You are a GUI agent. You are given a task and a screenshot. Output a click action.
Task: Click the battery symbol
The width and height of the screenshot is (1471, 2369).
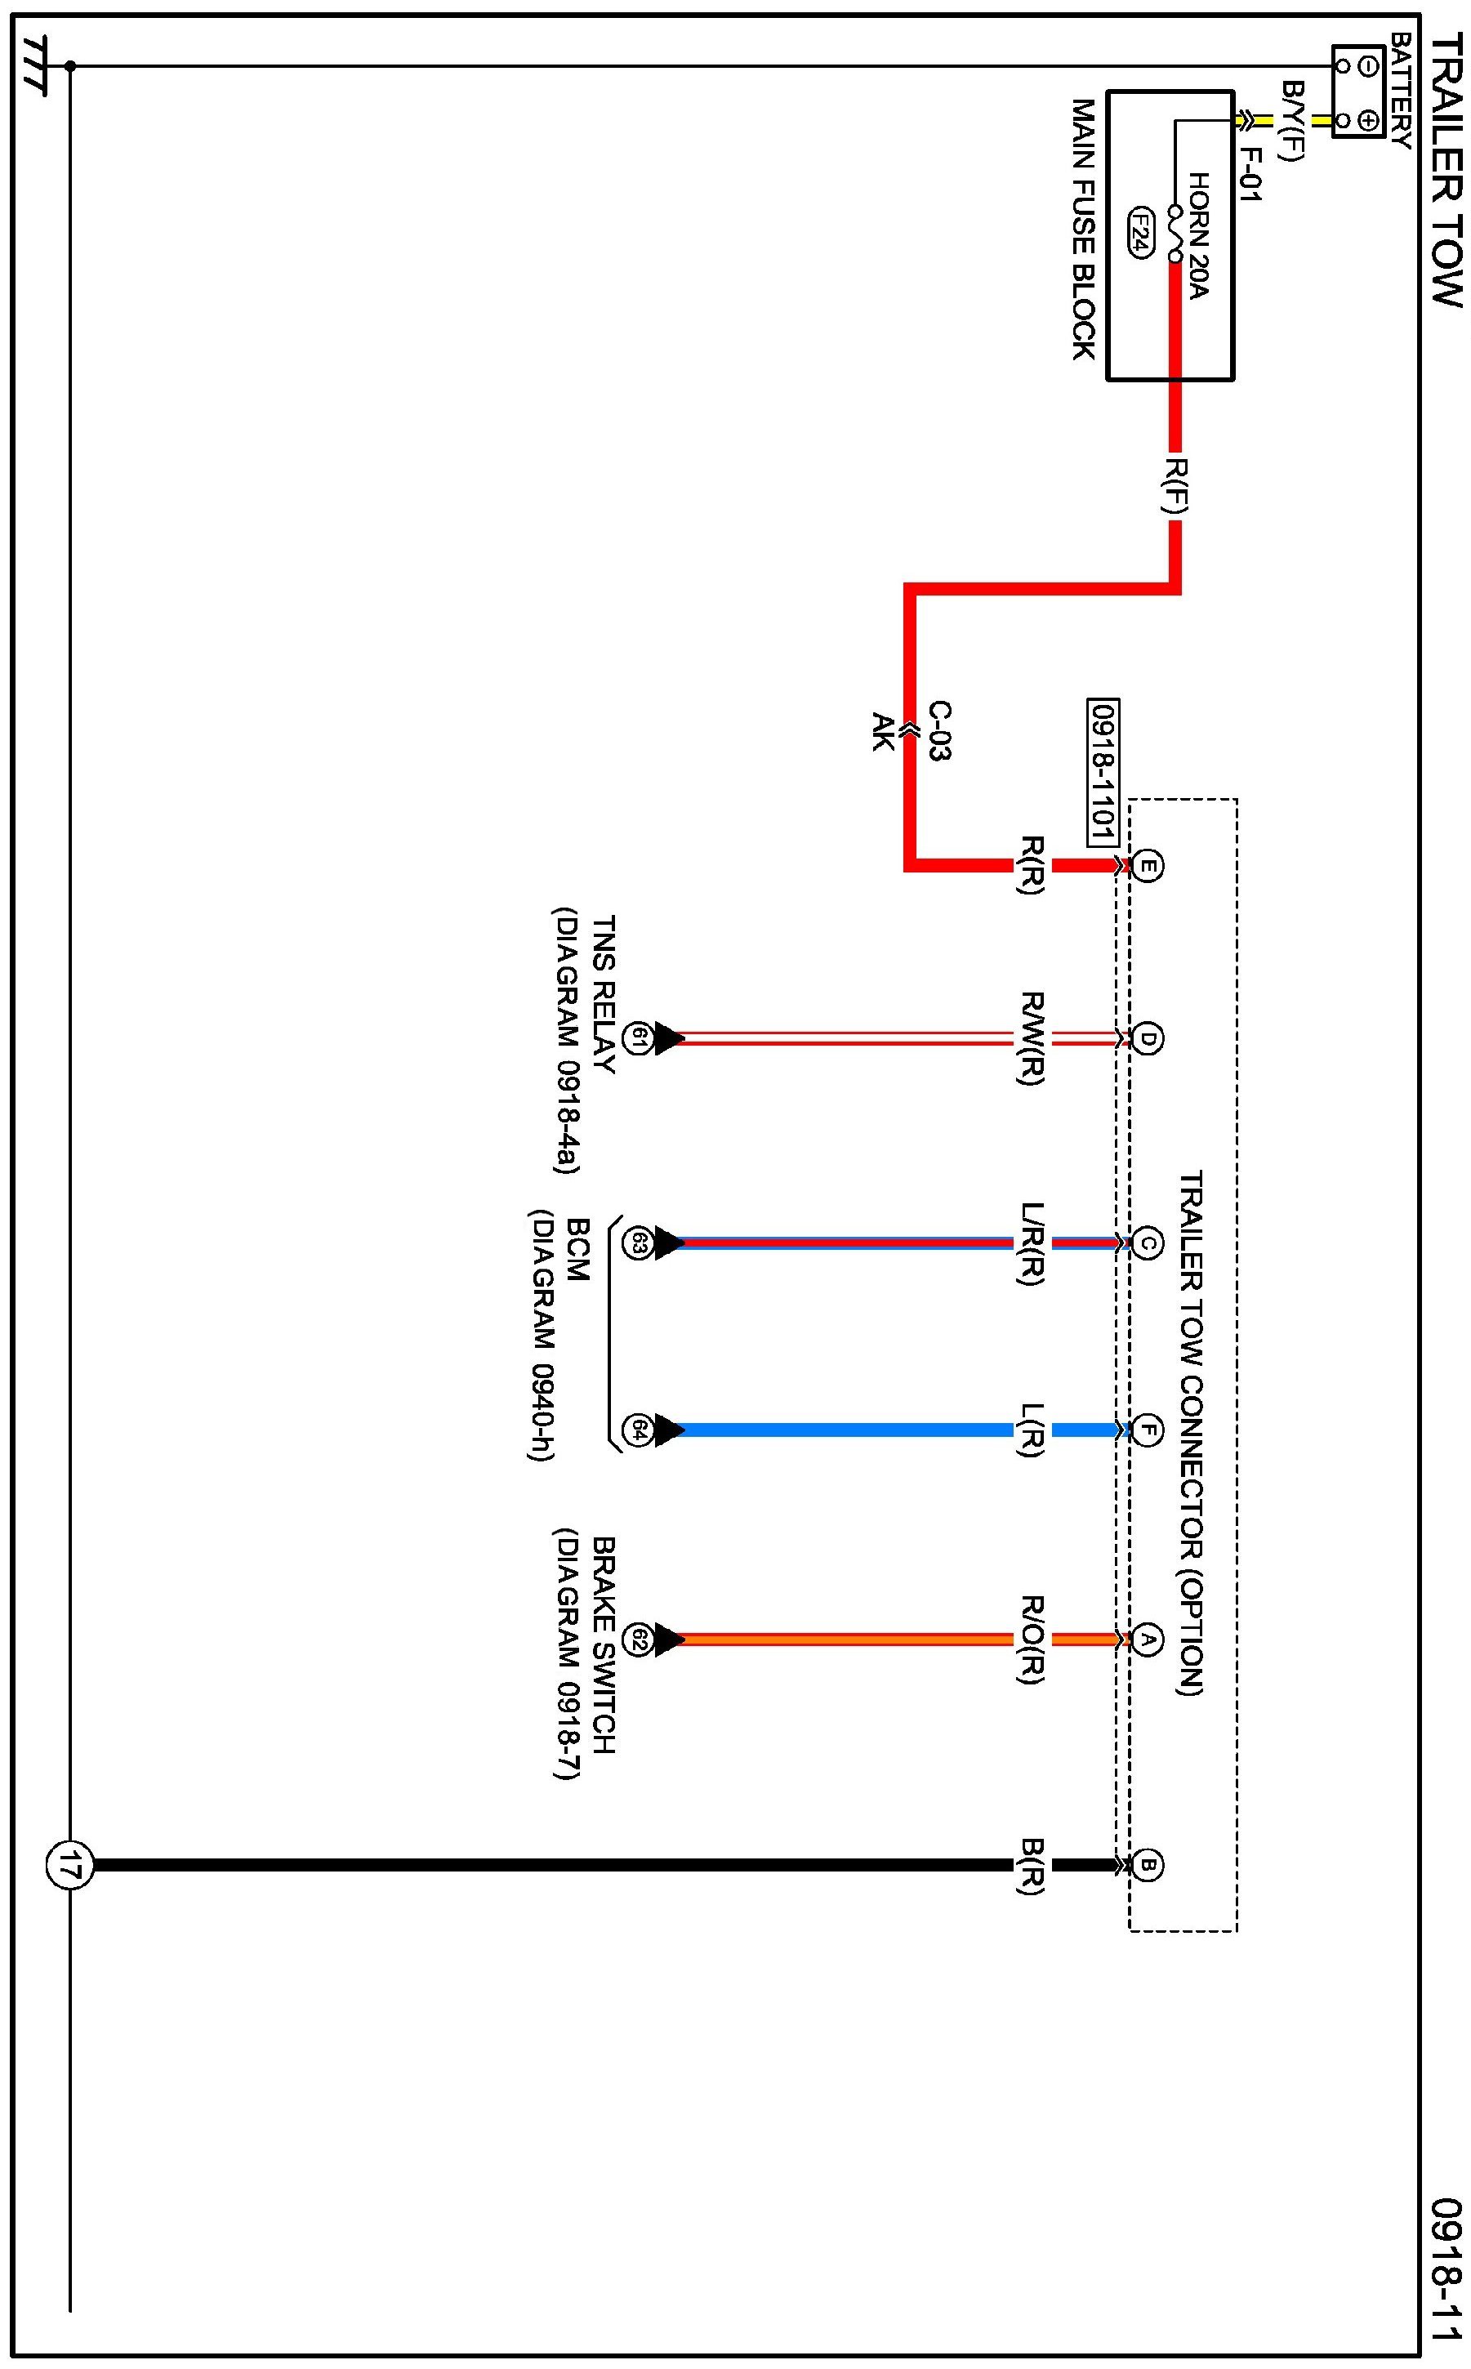[x=1358, y=91]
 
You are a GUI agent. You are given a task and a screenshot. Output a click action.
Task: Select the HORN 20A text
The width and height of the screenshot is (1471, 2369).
[x=1197, y=236]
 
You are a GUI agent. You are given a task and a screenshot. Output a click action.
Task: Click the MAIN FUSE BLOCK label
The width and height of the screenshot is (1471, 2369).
[x=1083, y=229]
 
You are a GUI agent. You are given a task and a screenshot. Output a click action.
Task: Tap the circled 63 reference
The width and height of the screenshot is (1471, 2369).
[x=637, y=1242]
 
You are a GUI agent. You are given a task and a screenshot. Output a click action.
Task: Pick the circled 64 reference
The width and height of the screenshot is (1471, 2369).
[x=637, y=1430]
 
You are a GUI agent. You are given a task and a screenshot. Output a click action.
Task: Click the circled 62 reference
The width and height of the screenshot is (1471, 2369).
[x=637, y=1640]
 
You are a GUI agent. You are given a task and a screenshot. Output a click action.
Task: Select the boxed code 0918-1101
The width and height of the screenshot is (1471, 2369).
[x=1103, y=774]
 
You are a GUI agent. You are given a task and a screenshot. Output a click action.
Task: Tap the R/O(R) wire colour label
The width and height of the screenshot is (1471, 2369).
[x=1032, y=1640]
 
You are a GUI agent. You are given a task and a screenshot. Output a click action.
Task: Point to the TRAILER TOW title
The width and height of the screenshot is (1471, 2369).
[x=1446, y=170]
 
